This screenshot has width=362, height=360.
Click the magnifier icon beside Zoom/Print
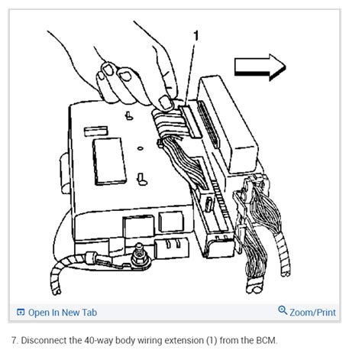283,312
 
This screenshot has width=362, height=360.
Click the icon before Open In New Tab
21,313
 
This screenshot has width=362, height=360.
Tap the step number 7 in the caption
14,339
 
